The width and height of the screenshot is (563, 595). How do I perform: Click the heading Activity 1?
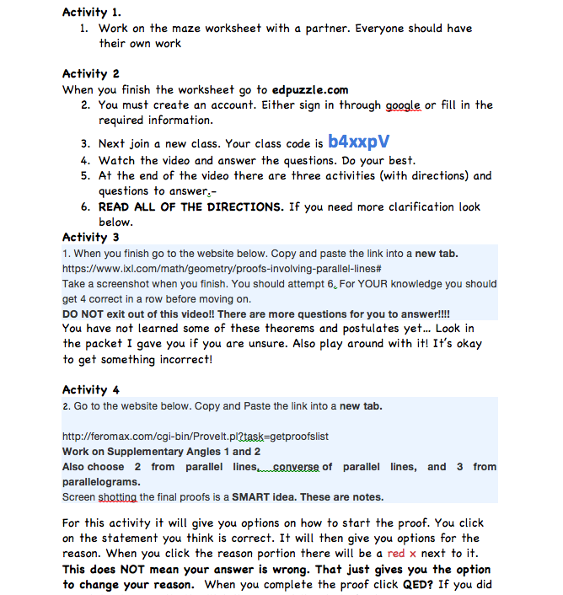click(x=92, y=12)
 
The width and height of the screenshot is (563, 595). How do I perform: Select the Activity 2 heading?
click(x=91, y=74)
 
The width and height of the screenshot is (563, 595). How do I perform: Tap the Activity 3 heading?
click(x=91, y=238)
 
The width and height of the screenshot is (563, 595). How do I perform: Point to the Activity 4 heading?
click(x=91, y=390)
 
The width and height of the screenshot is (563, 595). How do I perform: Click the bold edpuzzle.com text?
click(x=310, y=89)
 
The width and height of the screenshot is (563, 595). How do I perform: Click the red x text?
click(x=400, y=554)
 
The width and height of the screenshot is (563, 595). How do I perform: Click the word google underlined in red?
click(x=403, y=105)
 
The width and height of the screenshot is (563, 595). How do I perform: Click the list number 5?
click(x=85, y=176)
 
